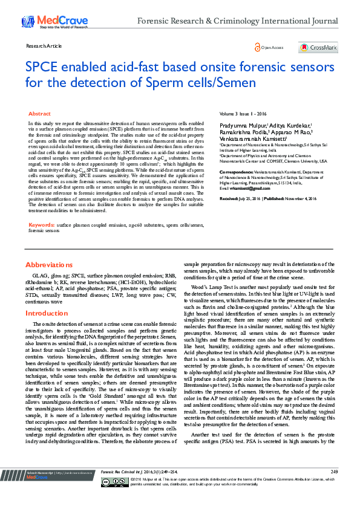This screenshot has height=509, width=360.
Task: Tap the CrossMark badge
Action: (318, 47)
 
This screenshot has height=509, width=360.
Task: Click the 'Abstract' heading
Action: (40, 114)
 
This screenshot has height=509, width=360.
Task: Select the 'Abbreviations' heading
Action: (48, 265)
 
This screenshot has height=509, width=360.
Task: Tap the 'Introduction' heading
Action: (47, 313)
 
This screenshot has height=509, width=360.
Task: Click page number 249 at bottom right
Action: (334, 488)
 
